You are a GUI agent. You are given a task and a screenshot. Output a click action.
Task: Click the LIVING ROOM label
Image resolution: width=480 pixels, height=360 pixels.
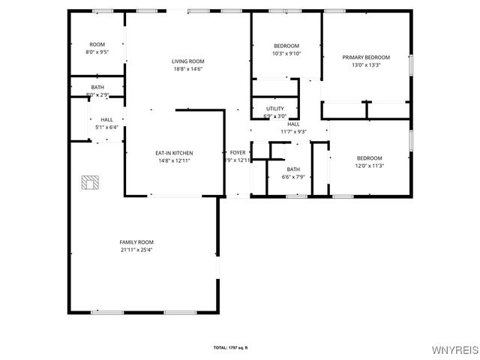point(187,61)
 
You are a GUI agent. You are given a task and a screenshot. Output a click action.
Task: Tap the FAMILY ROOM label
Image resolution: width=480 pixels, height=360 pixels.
point(136,241)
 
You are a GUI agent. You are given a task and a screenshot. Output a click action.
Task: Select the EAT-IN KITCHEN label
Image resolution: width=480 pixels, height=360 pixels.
point(175,153)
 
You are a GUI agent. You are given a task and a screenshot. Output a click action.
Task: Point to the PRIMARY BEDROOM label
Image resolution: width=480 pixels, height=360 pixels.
point(366,57)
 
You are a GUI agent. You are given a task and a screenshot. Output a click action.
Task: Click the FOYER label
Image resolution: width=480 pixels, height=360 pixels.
point(238,153)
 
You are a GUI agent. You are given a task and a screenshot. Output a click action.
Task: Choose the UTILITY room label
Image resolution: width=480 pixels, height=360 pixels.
point(275,109)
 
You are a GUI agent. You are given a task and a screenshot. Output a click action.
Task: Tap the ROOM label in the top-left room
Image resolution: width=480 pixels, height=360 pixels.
point(97,45)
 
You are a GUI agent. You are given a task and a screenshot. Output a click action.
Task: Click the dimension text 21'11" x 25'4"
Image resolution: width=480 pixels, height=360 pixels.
point(136,250)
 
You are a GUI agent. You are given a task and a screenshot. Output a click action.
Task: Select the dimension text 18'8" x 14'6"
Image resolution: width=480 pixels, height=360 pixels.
point(187,70)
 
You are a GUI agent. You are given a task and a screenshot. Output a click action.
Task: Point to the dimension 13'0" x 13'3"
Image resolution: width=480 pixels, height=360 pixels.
point(366,65)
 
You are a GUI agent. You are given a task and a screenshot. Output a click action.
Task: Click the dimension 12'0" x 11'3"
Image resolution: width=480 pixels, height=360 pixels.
point(369,166)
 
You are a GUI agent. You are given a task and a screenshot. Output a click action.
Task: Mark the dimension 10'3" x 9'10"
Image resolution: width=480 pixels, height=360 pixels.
point(286,53)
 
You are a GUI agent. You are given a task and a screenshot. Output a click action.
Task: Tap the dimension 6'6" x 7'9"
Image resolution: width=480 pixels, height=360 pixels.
point(292,177)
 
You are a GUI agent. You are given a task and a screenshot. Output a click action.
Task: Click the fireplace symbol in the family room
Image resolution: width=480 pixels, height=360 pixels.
point(91,182)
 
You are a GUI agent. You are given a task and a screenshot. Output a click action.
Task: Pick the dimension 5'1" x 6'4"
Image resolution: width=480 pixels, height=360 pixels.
point(107,127)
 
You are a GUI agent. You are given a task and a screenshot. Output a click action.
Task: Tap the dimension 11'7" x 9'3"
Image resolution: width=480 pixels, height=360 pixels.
point(293,132)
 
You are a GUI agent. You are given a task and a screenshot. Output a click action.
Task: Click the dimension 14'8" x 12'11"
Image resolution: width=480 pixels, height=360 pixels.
point(175,160)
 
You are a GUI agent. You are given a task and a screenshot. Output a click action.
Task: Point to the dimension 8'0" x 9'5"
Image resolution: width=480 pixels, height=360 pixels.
point(97,52)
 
